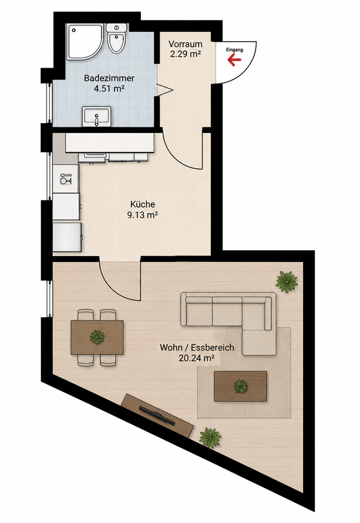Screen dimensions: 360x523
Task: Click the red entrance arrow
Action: [x=234, y=59]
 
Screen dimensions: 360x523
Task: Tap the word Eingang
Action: [x=235, y=50]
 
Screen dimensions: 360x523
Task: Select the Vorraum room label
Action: [x=185, y=44]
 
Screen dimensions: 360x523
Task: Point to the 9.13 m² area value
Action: [x=142, y=215]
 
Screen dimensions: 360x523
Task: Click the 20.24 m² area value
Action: [x=196, y=358]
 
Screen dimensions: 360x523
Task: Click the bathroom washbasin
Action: [x=96, y=117]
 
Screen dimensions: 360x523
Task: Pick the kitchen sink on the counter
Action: [x=65, y=178]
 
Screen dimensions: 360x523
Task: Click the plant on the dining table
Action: [x=97, y=337]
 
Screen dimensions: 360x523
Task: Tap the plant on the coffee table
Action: [x=240, y=386]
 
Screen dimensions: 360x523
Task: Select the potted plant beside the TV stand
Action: [x=211, y=438]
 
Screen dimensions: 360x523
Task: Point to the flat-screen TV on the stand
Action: [x=156, y=415]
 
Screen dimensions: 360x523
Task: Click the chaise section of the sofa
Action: [x=259, y=342]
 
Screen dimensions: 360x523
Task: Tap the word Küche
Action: [x=142, y=204]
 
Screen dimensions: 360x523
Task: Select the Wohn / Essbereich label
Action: [x=197, y=348]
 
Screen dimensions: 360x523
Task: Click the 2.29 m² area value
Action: [x=185, y=54]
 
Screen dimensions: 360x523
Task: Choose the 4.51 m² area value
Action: [x=109, y=89]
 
